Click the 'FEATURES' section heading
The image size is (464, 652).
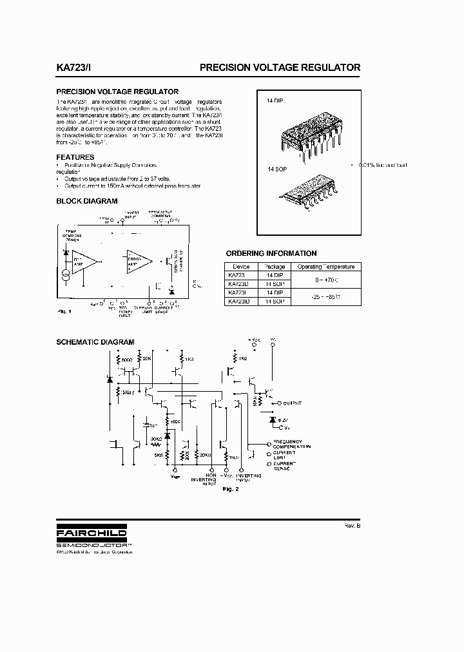75,157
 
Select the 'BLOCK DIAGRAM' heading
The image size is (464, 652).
87,201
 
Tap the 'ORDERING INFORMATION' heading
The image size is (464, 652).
271,253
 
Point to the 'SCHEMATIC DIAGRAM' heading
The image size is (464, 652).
95,342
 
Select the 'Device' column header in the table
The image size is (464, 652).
241,267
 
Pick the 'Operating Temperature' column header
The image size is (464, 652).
325,267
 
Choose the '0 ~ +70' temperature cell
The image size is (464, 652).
325,279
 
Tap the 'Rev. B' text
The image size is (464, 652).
352,526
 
